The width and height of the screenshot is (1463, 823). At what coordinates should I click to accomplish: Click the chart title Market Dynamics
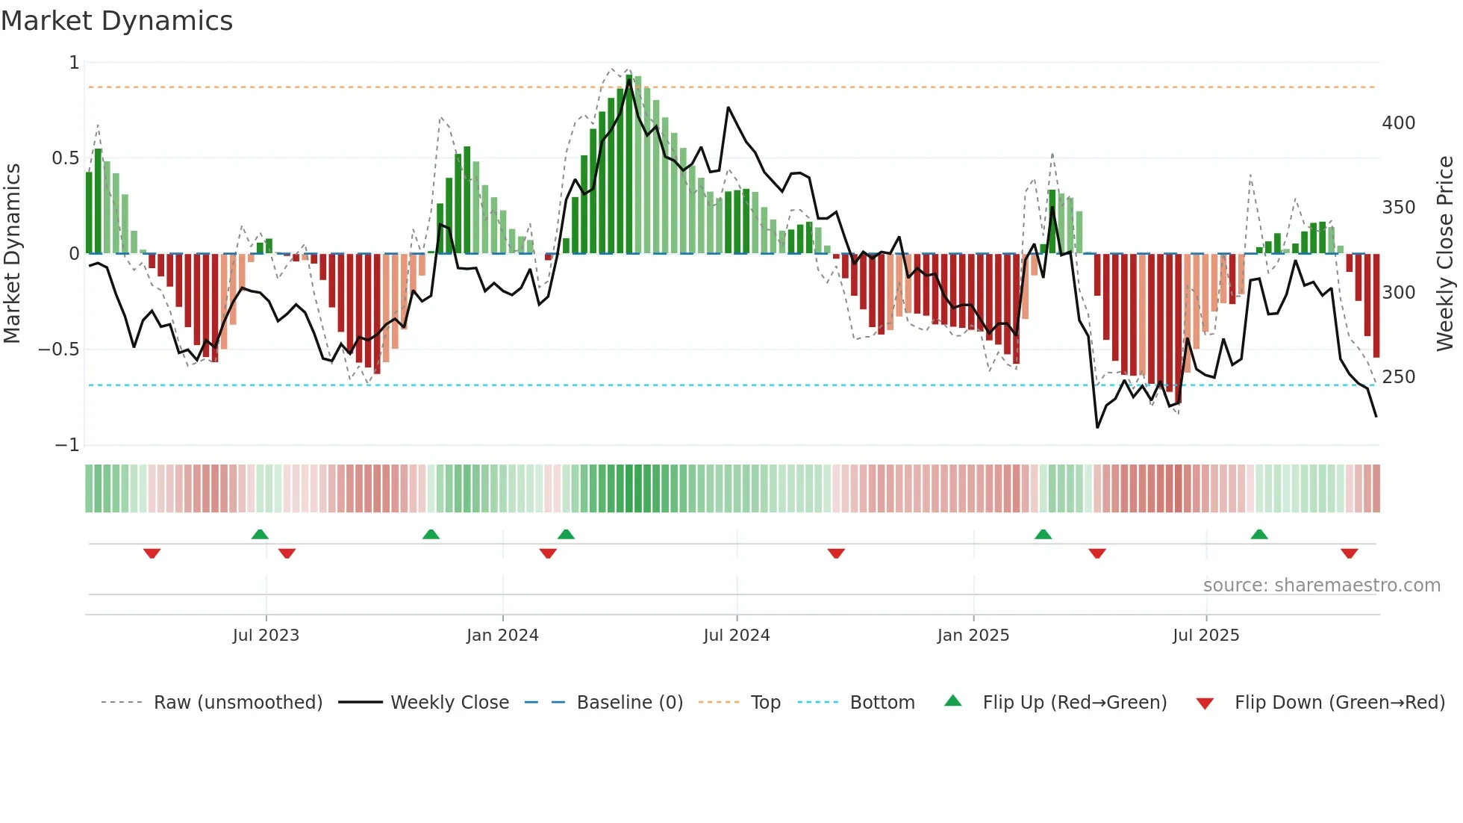(x=116, y=21)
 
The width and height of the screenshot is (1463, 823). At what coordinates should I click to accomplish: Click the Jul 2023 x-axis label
(x=266, y=636)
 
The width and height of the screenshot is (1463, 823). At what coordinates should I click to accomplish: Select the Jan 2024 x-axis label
(x=502, y=636)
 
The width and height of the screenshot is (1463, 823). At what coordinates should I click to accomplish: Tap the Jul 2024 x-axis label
(x=736, y=636)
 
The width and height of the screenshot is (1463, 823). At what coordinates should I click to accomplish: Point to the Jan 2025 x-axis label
(x=973, y=636)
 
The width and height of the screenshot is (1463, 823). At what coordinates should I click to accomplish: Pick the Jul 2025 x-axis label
(x=1205, y=636)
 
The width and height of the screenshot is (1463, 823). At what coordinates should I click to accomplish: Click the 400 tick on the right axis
(x=1398, y=123)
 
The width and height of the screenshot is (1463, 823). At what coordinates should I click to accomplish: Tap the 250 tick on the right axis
(x=1398, y=377)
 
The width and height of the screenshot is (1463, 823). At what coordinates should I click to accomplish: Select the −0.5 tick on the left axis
(x=58, y=350)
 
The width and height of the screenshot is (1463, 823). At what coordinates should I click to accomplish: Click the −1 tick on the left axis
(x=66, y=445)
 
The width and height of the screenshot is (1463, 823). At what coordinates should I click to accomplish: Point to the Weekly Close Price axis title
(x=1445, y=254)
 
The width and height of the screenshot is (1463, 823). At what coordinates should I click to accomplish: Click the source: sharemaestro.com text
(x=1321, y=586)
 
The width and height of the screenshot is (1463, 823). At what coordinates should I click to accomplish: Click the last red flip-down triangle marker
(x=1349, y=553)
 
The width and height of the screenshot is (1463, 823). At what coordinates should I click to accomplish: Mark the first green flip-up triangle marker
(x=260, y=534)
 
